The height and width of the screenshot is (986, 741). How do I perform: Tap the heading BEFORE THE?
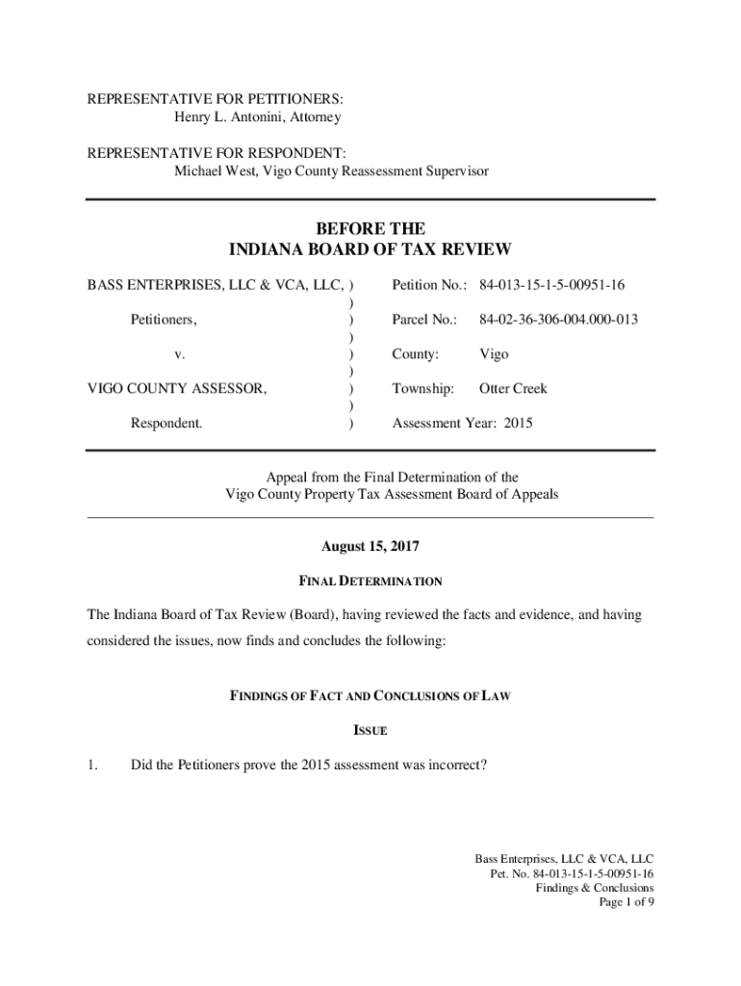370,229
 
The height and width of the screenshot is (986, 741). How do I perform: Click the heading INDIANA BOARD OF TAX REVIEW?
370,250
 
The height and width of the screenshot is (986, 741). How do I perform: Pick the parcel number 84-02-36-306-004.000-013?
559,320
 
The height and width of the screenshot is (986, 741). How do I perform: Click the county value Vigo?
495,354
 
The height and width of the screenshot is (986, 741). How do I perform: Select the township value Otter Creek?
513,389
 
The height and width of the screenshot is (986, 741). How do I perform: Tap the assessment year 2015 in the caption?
517,424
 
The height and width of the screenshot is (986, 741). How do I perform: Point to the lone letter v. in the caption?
180,354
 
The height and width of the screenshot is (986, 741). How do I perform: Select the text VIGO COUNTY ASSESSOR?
178,389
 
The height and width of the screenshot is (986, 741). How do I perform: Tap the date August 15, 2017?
370,547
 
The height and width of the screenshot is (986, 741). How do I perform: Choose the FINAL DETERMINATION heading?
370,582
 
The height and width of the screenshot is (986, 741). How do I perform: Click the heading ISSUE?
370,731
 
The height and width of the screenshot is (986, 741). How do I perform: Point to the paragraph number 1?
93,765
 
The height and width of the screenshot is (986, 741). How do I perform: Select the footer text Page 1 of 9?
626,903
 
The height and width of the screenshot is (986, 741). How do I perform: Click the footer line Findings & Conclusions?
595,888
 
